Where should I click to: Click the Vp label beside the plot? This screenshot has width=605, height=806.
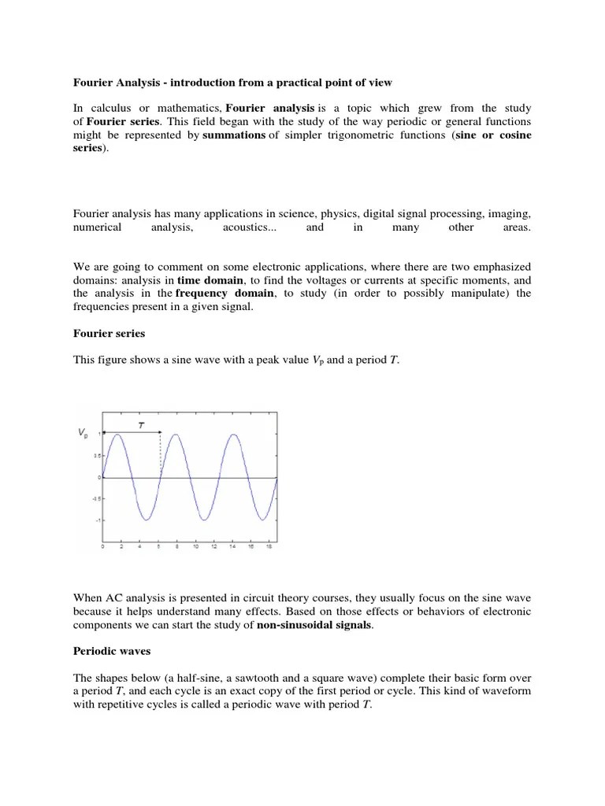82,432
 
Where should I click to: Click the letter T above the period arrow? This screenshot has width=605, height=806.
141,424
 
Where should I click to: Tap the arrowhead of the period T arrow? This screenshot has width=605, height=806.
160,432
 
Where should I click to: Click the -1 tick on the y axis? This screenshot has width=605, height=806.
98,520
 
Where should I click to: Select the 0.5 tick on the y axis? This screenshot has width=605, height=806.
97,455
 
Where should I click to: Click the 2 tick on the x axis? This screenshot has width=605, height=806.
121,545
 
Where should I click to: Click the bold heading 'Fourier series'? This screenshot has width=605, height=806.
109,334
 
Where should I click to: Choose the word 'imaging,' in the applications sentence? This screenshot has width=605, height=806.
507,213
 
